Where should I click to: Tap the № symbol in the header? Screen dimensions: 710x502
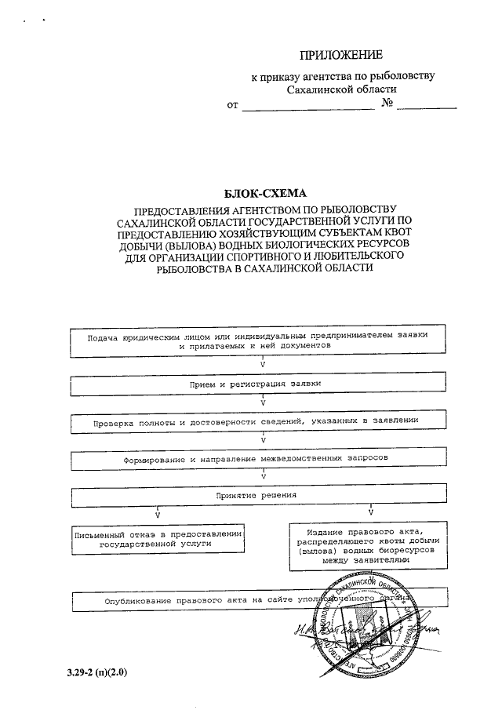point(386,104)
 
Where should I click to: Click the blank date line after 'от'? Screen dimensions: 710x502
point(307,106)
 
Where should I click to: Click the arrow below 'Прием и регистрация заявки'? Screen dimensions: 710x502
point(263,402)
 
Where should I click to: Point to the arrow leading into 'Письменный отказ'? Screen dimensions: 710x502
point(158,515)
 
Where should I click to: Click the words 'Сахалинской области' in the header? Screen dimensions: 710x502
point(341,89)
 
